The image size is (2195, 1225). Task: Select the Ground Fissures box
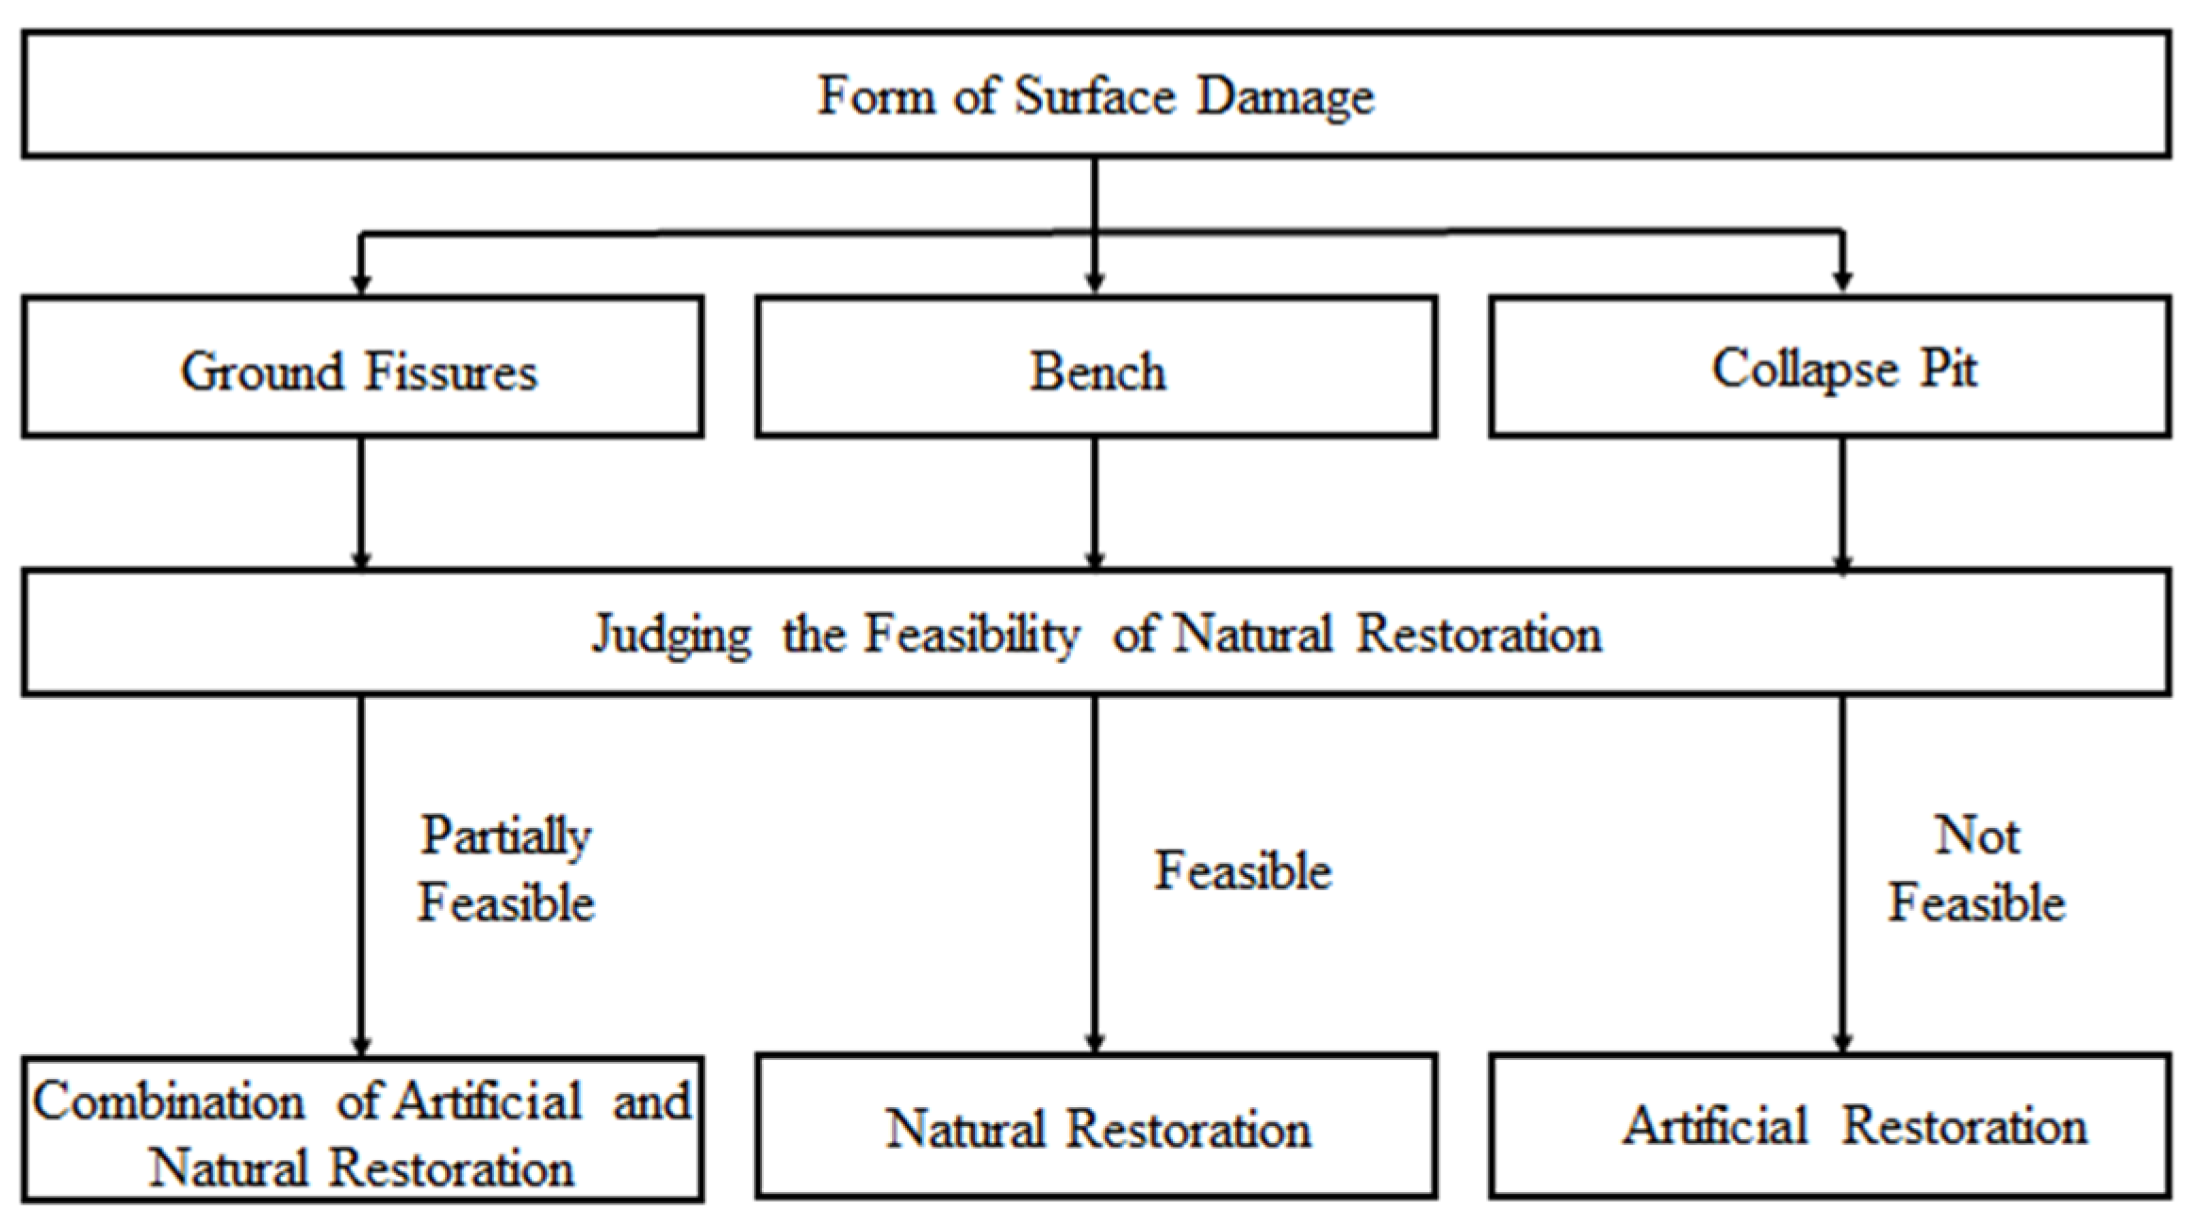tap(362, 368)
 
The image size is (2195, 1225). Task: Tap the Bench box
tap(1096, 368)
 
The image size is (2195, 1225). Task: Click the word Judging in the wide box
tap(671, 635)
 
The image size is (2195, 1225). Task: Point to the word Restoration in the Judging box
tap(1478, 635)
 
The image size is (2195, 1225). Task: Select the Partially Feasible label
tap(505, 869)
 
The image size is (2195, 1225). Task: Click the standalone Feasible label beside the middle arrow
tap(1243, 870)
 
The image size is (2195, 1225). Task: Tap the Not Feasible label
tap(1976, 869)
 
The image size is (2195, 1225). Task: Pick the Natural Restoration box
tap(1096, 1128)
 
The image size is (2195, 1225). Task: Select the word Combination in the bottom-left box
tap(170, 1101)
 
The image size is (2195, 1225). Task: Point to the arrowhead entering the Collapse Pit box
tap(1842, 282)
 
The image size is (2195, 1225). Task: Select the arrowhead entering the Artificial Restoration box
tap(1842, 1043)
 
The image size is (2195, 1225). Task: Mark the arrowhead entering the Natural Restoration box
tap(1095, 1043)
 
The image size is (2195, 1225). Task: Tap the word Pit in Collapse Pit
tap(1948, 368)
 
